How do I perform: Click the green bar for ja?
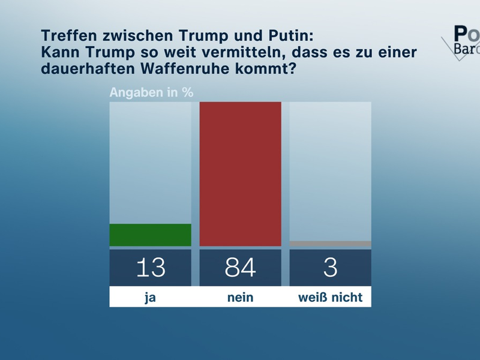coord(150,235)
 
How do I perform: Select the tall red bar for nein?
coord(240,174)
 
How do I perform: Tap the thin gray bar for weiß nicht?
coord(330,244)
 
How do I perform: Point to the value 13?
coord(150,268)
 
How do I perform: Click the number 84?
coord(240,268)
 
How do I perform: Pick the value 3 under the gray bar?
coord(330,268)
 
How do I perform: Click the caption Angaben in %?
coord(151,92)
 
